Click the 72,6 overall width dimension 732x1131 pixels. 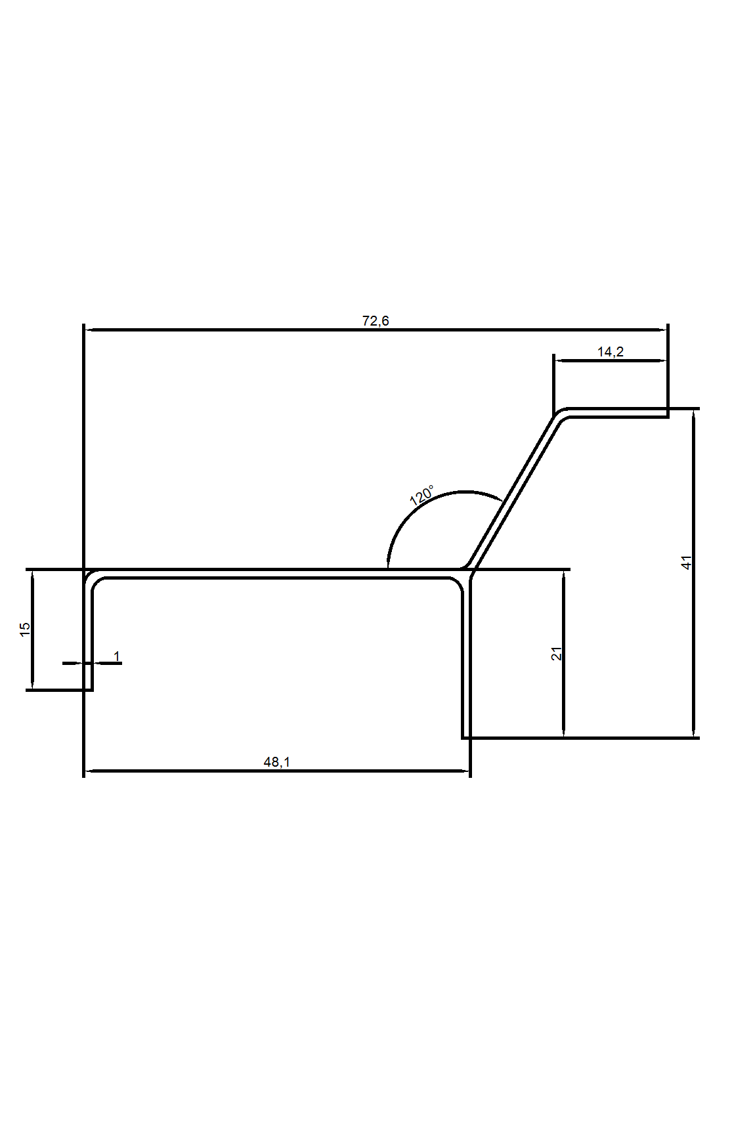pyautogui.click(x=376, y=321)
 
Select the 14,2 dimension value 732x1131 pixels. pyautogui.click(x=610, y=352)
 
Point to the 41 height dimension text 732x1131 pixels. pyautogui.click(x=687, y=562)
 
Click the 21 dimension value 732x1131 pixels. pyautogui.click(x=557, y=653)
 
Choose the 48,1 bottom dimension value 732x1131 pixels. pyautogui.click(x=276, y=762)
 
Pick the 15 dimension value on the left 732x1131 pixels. pyautogui.click(x=25, y=628)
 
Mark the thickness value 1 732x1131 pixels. pyautogui.click(x=117, y=656)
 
